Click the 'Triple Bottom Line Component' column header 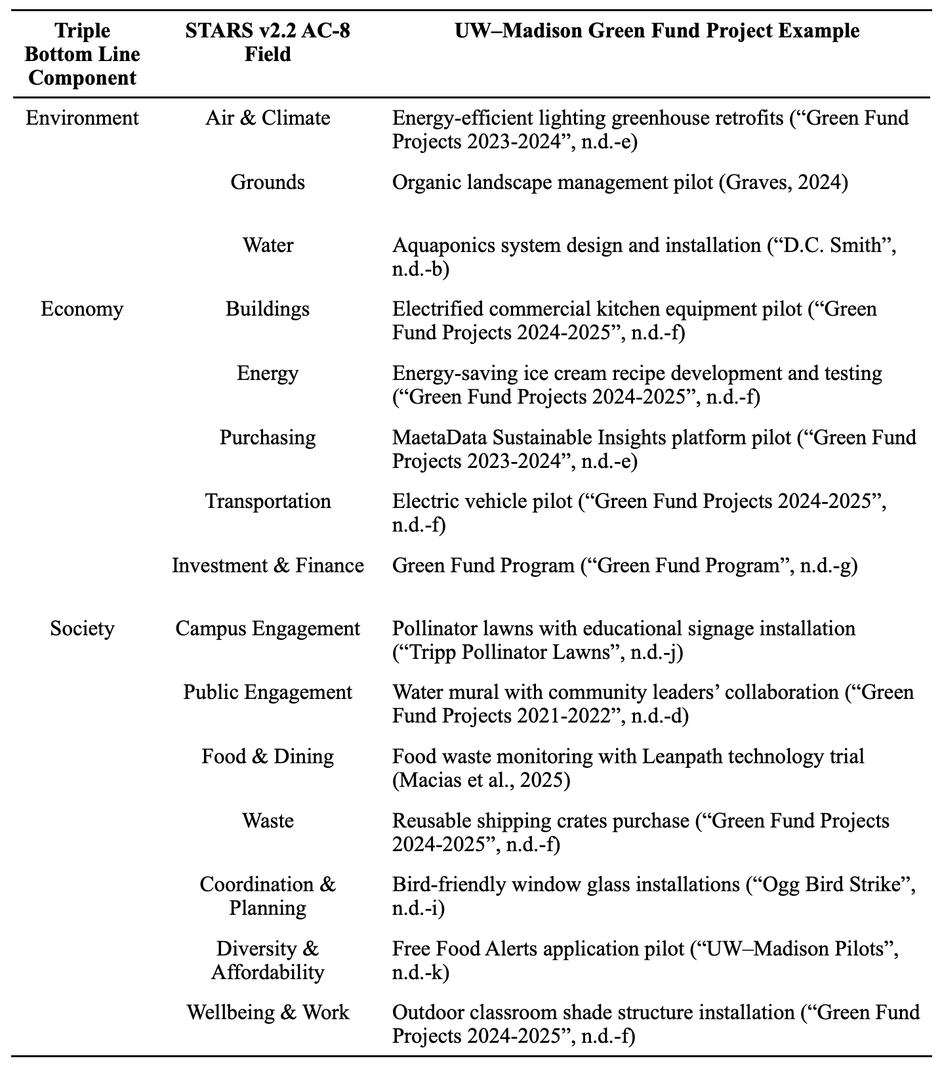[x=82, y=54]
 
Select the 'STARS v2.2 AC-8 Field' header [x=268, y=42]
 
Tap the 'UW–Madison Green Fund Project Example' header [x=657, y=30]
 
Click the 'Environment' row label [x=82, y=118]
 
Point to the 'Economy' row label [x=82, y=309]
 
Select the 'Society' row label [x=82, y=629]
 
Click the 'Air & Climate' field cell [x=268, y=118]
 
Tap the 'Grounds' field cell [x=268, y=182]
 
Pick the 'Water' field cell [x=268, y=245]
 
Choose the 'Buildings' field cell [x=268, y=309]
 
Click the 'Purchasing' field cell [x=268, y=437]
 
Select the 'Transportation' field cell [x=268, y=501]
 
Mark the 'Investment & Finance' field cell [x=268, y=565]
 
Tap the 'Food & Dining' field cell [x=268, y=757]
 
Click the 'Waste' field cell [x=268, y=821]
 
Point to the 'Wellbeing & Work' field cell [x=268, y=1013]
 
